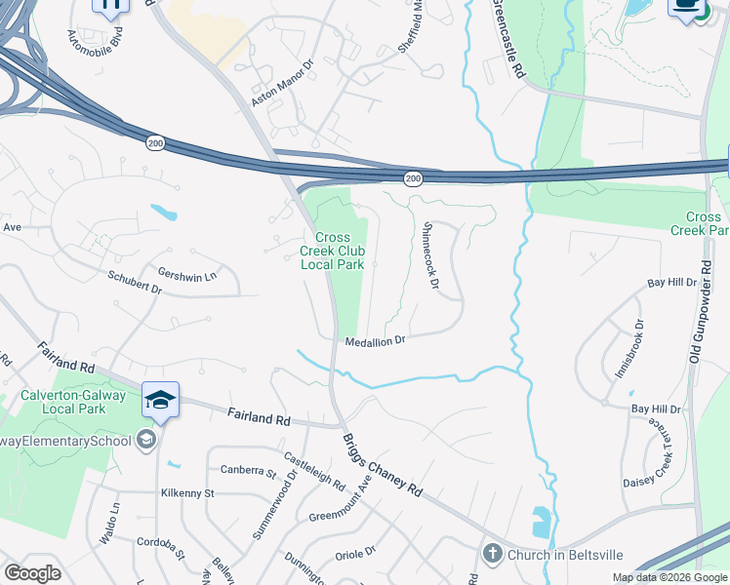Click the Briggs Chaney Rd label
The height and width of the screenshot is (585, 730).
382,464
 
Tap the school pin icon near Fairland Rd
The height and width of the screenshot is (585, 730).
160,400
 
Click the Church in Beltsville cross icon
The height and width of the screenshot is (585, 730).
492,554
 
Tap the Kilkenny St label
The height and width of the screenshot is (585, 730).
187,493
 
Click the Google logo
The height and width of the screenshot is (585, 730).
32,573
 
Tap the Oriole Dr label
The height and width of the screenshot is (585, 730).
355,551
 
